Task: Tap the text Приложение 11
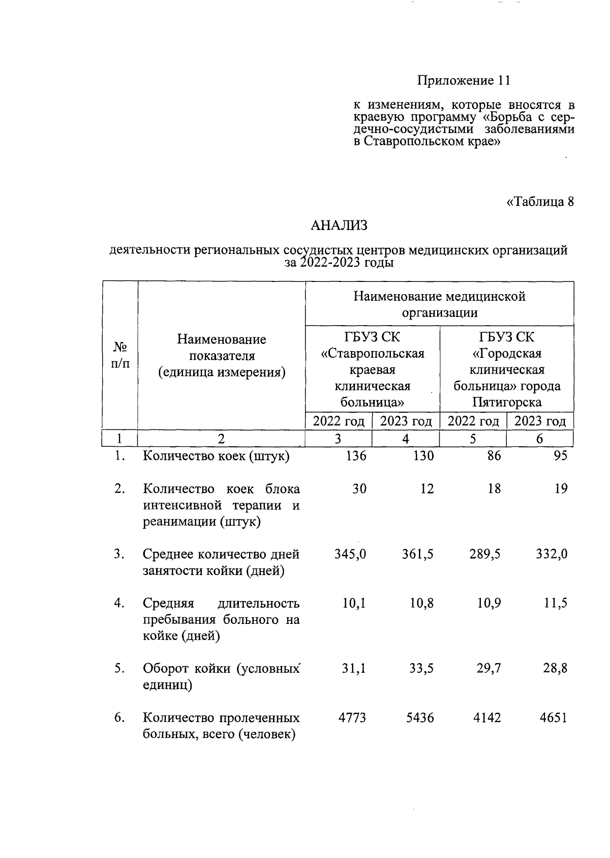coord(463,80)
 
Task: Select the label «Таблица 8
coord(540,202)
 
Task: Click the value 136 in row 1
coord(355,455)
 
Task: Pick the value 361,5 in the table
coord(418,554)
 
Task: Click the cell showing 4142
coord(487,718)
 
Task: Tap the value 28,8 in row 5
coord(555,668)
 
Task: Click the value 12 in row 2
coord(427,489)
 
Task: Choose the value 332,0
coord(552,554)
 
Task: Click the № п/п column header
coord(120,355)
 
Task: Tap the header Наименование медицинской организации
coord(439,304)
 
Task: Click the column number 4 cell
coord(405,439)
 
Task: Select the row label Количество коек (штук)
coord(216,455)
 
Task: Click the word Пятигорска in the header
coord(506,403)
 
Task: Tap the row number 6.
coord(119,718)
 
